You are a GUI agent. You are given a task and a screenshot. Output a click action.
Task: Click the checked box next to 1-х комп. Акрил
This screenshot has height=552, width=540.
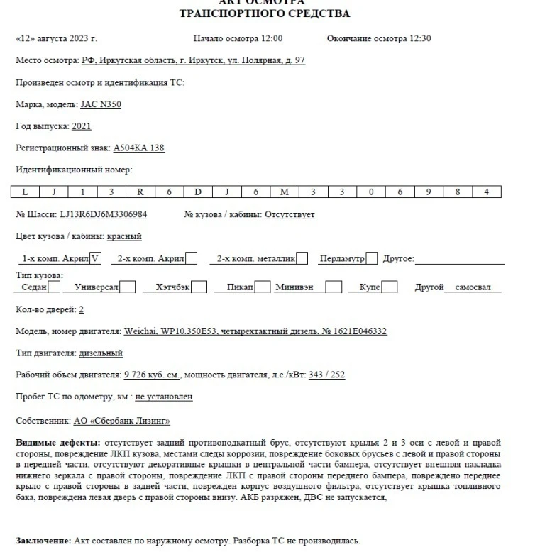[x=96, y=259]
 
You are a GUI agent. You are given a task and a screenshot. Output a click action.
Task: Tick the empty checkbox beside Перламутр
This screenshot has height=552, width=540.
[x=372, y=259]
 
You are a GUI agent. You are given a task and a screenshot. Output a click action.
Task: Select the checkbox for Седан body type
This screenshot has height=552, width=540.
[x=54, y=287]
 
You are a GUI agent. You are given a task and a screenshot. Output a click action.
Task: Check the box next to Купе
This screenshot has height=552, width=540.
[x=390, y=287]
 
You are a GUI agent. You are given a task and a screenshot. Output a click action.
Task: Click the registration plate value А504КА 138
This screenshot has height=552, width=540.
[x=139, y=148]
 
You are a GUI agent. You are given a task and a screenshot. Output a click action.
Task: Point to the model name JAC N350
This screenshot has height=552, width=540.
[x=101, y=104]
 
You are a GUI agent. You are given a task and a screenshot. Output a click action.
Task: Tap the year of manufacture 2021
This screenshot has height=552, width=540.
[x=82, y=126]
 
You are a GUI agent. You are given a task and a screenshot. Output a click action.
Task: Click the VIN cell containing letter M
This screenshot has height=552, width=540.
[x=284, y=192]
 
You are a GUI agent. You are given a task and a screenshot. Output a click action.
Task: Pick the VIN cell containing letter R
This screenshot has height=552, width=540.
[x=140, y=192]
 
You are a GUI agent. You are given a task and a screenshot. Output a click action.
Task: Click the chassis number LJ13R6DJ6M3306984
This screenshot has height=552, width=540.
[x=104, y=214]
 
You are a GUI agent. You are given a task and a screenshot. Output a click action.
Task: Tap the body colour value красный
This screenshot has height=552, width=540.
[x=124, y=236]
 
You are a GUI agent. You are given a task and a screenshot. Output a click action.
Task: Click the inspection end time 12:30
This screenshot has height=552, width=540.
[x=419, y=38]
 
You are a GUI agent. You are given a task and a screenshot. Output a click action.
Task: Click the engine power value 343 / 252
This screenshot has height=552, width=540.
[x=327, y=375]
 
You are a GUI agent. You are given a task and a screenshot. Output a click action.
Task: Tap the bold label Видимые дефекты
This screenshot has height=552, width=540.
[x=57, y=442]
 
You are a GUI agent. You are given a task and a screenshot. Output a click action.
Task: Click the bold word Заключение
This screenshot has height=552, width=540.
[x=43, y=541]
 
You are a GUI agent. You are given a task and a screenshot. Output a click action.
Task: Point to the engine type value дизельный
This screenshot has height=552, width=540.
[x=101, y=353]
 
